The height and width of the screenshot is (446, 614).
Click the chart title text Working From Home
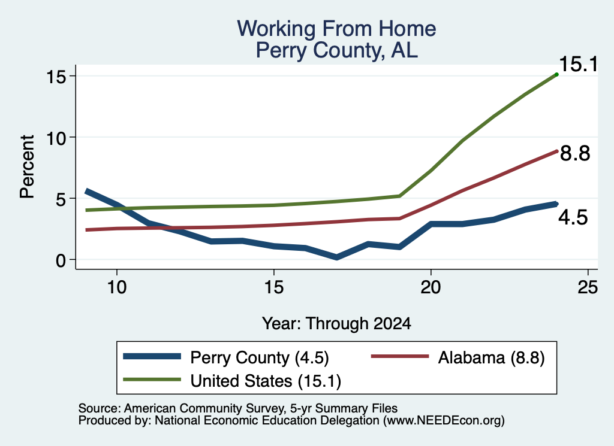click(336, 29)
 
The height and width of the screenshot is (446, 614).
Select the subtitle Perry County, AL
click(336, 50)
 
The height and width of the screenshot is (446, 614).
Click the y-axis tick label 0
click(61, 260)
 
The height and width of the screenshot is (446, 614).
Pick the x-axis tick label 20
click(431, 287)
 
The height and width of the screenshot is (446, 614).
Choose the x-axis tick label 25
click(588, 287)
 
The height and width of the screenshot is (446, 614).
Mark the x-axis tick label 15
click(273, 287)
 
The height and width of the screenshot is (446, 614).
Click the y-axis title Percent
click(27, 167)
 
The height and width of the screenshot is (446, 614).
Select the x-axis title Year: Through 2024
click(336, 324)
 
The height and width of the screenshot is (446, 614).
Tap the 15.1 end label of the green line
click(579, 64)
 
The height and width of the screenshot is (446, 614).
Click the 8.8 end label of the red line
click(575, 153)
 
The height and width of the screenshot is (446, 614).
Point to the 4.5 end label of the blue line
click(573, 217)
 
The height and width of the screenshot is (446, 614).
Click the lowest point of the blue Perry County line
click(336, 257)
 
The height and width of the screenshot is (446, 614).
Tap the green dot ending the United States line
click(556, 74)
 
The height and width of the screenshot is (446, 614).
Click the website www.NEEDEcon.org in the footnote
click(444, 420)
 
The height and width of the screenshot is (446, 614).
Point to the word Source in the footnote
click(100, 408)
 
